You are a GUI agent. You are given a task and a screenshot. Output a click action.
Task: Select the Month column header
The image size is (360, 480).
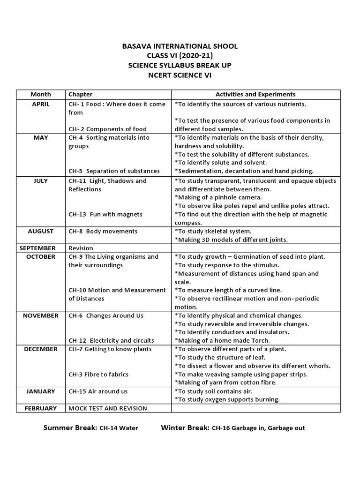coord(40,94)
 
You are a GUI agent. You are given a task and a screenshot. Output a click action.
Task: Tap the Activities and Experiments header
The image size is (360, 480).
coord(255,94)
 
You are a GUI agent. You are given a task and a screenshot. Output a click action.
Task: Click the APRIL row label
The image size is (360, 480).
coord(40,104)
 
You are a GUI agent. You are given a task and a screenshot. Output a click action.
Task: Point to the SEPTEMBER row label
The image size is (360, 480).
coord(40,248)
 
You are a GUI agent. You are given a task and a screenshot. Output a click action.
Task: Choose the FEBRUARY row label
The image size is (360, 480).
coord(40,408)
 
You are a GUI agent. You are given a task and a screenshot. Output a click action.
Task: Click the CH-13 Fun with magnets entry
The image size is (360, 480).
coord(105,214)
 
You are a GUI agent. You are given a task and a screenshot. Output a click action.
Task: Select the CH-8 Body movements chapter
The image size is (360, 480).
coord(103,231)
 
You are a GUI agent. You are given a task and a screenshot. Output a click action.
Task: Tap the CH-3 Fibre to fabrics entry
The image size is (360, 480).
coord(98,374)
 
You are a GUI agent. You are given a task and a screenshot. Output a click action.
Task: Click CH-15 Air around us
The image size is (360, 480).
coord(98,391)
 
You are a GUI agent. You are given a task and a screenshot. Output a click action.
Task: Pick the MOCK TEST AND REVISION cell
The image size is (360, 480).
coord(108,408)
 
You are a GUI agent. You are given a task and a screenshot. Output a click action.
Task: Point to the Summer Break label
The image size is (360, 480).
coord(70,427)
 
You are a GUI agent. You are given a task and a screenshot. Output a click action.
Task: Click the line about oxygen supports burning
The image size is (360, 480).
coord(227,399)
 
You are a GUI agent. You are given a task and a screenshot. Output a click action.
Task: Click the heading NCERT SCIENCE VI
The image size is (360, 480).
coord(180,74)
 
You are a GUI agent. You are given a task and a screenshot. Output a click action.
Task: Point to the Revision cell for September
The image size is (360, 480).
coord(81,248)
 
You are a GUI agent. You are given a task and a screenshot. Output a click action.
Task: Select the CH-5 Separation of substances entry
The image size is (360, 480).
coord(114,171)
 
